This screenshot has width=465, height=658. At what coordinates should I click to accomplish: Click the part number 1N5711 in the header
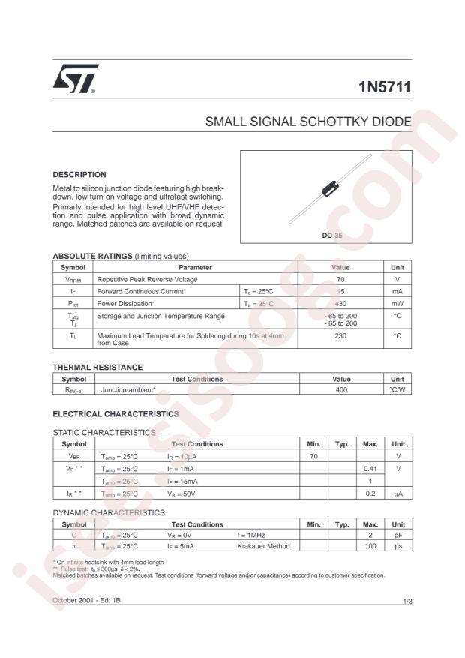click(385, 88)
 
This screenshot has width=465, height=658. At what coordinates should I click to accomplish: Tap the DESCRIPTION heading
click(79, 174)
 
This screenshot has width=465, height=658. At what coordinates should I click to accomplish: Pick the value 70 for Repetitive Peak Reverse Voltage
click(340, 278)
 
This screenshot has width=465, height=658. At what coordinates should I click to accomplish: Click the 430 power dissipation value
click(340, 303)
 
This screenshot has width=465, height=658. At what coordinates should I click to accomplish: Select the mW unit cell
click(397, 303)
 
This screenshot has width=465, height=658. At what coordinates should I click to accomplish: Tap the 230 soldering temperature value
click(340, 336)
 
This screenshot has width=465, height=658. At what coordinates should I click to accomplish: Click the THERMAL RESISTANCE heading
click(97, 367)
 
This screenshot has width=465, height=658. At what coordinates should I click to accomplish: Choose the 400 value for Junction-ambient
click(340, 390)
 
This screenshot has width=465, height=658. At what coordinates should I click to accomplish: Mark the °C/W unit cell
click(397, 390)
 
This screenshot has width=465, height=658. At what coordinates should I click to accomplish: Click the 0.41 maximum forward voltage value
click(370, 468)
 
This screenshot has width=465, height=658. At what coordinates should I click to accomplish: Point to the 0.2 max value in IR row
click(370, 494)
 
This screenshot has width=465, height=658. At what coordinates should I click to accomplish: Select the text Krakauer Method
click(263, 546)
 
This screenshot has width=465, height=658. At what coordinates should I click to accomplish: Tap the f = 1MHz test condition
click(253, 535)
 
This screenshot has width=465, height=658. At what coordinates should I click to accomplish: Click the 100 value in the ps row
click(370, 546)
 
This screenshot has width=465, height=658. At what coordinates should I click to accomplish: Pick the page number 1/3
click(406, 602)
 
